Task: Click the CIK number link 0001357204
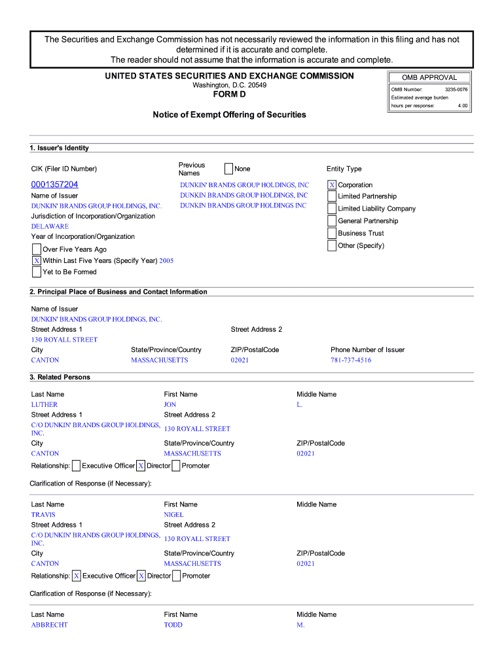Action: pyautogui.click(x=54, y=185)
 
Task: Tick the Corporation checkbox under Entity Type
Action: pyautogui.click(x=332, y=185)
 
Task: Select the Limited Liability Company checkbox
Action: pyautogui.click(x=332, y=209)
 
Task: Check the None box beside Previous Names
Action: pyautogui.click(x=228, y=169)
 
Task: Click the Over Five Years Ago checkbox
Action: pyautogui.click(x=37, y=249)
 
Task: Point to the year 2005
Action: pyautogui.click(x=166, y=260)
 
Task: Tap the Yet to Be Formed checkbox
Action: pyautogui.click(x=37, y=272)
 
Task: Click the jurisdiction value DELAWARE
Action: pyautogui.click(x=50, y=226)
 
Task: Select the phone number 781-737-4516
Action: pyautogui.click(x=351, y=361)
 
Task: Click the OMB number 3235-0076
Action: pyautogui.click(x=456, y=89)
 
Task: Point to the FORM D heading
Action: pyautogui.click(x=229, y=96)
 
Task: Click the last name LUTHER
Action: pyautogui.click(x=45, y=405)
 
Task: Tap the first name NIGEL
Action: pyautogui.click(x=173, y=515)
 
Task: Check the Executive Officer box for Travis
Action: pyautogui.click(x=77, y=576)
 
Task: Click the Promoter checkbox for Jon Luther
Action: pyautogui.click(x=176, y=466)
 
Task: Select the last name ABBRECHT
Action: pyautogui.click(x=49, y=625)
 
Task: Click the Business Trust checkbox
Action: pyautogui.click(x=332, y=234)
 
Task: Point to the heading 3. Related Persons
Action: pyautogui.click(x=60, y=378)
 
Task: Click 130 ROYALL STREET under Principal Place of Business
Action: pyautogui.click(x=64, y=340)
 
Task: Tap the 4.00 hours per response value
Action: pyautogui.click(x=463, y=105)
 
